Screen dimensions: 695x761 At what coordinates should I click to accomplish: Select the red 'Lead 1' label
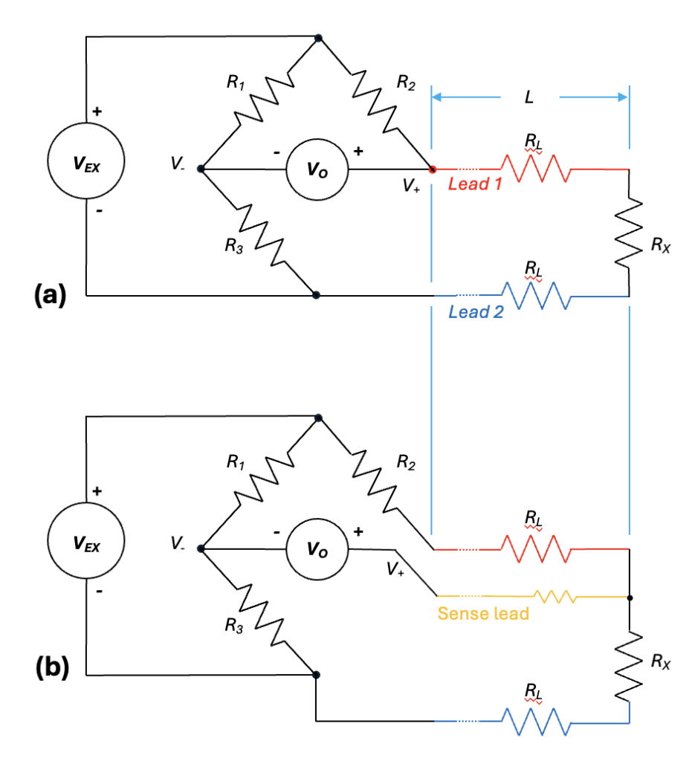tap(475, 184)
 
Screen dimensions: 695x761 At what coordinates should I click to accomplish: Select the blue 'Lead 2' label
tap(476, 311)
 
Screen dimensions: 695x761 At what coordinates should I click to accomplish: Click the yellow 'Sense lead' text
tap(483, 613)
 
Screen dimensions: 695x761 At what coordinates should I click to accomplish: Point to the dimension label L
tap(529, 97)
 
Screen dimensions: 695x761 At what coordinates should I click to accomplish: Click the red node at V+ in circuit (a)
tap(432, 169)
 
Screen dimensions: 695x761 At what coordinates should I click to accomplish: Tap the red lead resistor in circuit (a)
tap(536, 169)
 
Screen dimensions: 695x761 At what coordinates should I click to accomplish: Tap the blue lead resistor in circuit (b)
tap(536, 722)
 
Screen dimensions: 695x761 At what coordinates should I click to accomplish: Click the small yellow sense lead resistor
tap(555, 597)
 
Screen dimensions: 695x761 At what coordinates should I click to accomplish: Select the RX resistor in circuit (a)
tap(629, 233)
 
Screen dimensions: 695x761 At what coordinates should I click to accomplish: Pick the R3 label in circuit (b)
tap(234, 626)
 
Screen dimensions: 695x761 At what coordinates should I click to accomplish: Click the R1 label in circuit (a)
tap(236, 82)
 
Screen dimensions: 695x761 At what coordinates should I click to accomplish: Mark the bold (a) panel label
tap(50, 294)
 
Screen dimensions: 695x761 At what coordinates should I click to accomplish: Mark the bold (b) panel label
tap(52, 668)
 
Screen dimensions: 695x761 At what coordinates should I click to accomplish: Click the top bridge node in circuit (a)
tap(318, 38)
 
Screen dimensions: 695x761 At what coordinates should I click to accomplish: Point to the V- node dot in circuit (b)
tap(201, 549)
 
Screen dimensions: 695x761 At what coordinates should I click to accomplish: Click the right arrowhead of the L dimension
tap(623, 97)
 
